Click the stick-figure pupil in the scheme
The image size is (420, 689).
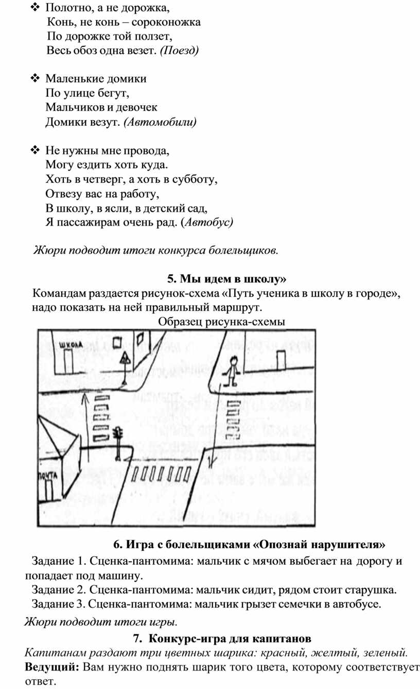coord(232,370)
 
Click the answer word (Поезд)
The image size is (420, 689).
coord(179,51)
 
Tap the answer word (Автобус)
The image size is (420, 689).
coord(209,222)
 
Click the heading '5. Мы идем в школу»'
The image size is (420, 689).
coord(226,279)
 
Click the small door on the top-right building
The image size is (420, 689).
coord(281,360)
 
